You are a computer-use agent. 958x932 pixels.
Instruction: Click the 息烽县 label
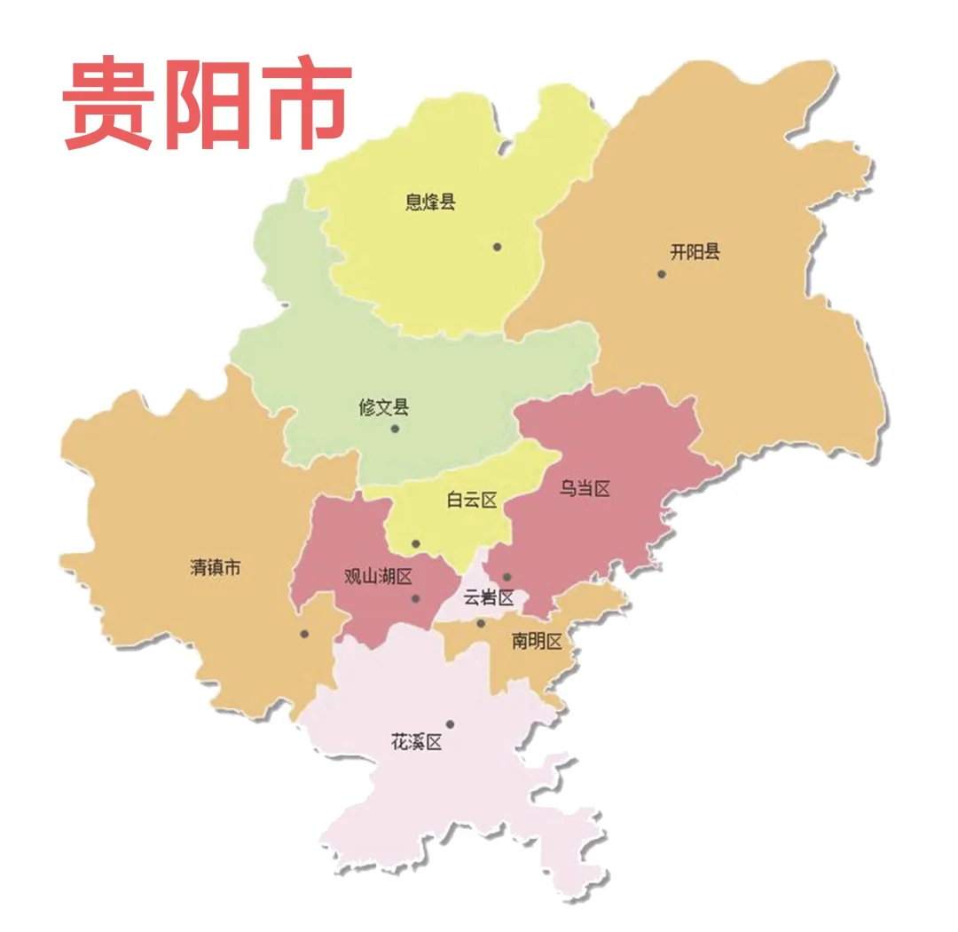pyautogui.click(x=430, y=202)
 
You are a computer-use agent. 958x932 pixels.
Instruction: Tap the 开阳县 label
pyautogui.click(x=695, y=252)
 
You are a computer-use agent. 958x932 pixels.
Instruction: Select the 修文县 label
pyautogui.click(x=384, y=407)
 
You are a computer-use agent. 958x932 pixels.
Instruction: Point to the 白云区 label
pyautogui.click(x=471, y=501)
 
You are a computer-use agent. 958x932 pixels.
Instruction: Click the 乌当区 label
pyautogui.click(x=585, y=488)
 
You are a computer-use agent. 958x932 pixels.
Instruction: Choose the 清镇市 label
pyautogui.click(x=215, y=568)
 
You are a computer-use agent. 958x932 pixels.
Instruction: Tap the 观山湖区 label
pyautogui.click(x=378, y=577)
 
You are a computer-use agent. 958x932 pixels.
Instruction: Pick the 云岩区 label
pyautogui.click(x=489, y=597)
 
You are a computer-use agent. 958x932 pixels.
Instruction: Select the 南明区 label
pyautogui.click(x=537, y=641)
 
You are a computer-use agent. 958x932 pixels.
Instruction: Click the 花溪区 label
pyautogui.click(x=416, y=742)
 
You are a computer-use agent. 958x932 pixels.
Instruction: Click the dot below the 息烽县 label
pyautogui.click(x=498, y=247)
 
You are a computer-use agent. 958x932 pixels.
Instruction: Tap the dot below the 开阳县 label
pyautogui.click(x=661, y=273)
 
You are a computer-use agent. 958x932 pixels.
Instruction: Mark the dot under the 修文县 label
pyautogui.click(x=395, y=429)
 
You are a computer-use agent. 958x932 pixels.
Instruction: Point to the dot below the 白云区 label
pyautogui.click(x=415, y=543)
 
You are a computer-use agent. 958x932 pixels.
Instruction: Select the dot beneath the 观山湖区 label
pyautogui.click(x=415, y=598)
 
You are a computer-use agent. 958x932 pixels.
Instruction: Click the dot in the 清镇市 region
pyautogui.click(x=304, y=634)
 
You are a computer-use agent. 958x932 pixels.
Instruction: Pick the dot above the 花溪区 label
pyautogui.click(x=450, y=724)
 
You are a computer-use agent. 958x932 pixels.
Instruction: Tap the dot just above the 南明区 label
pyautogui.click(x=481, y=623)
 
